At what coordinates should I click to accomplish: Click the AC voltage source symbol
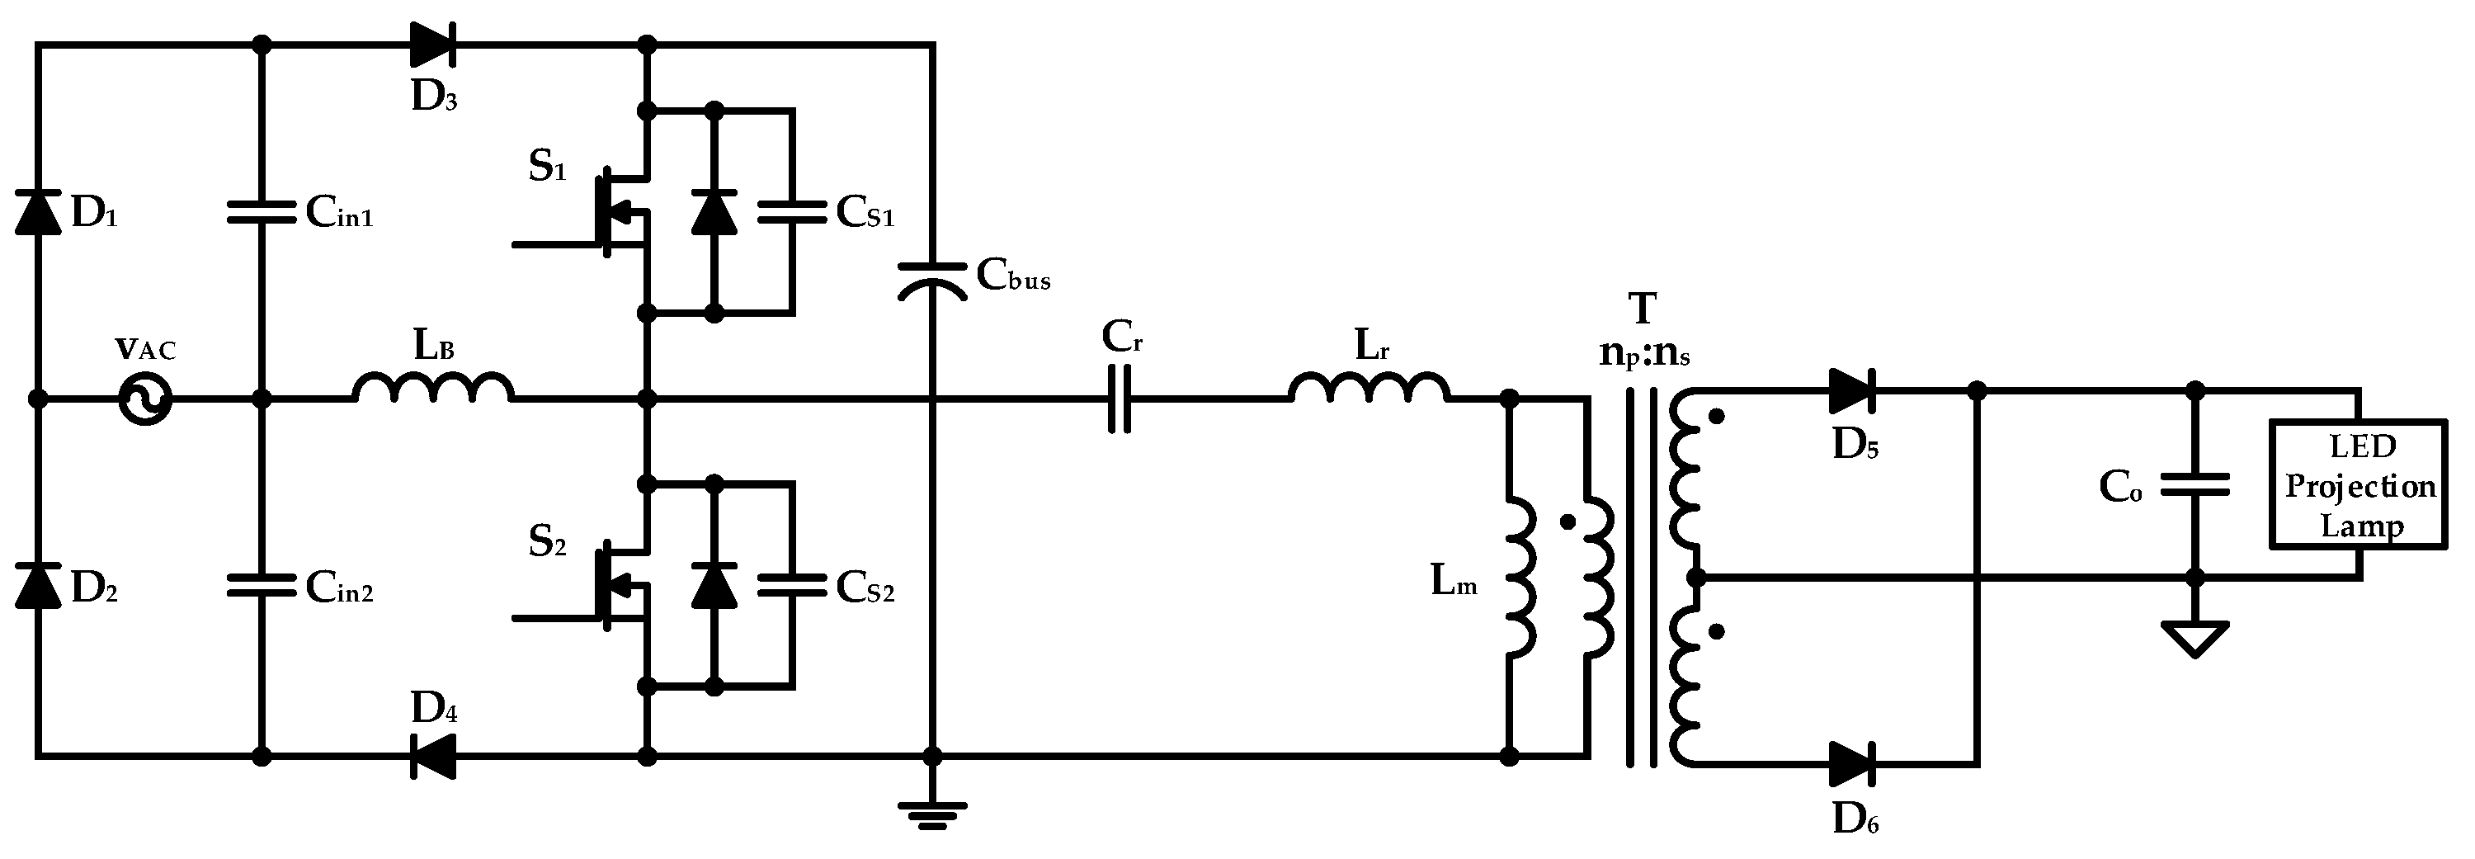coord(145,398)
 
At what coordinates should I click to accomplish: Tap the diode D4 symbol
coord(432,756)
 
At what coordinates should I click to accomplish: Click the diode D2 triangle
coord(39,586)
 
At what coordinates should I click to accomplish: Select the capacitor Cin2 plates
coord(261,585)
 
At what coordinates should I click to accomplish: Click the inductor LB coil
coord(433,388)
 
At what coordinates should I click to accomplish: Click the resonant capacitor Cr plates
coord(1120,398)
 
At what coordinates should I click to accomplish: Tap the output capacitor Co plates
coord(2195,485)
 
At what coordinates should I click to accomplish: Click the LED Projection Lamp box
coord(2358,484)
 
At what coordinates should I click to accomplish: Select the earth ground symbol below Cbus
coord(932,814)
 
